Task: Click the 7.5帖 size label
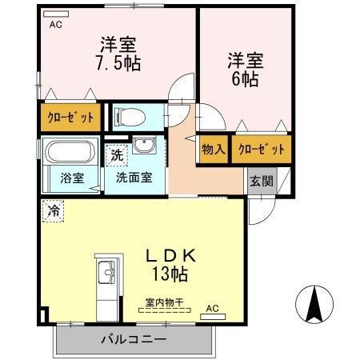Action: pyautogui.click(x=118, y=62)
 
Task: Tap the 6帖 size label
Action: pyautogui.click(x=245, y=80)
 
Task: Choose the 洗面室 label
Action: pyautogui.click(x=134, y=178)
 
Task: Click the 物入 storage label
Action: pyautogui.click(x=213, y=150)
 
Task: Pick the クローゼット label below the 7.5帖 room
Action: pyautogui.click(x=69, y=118)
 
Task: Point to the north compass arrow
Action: pyautogui.click(x=314, y=303)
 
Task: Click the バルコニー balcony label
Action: pyautogui.click(x=134, y=339)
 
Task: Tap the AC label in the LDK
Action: pyautogui.click(x=212, y=307)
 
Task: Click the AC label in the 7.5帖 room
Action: pyautogui.click(x=55, y=24)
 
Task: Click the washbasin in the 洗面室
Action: pyautogui.click(x=146, y=146)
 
